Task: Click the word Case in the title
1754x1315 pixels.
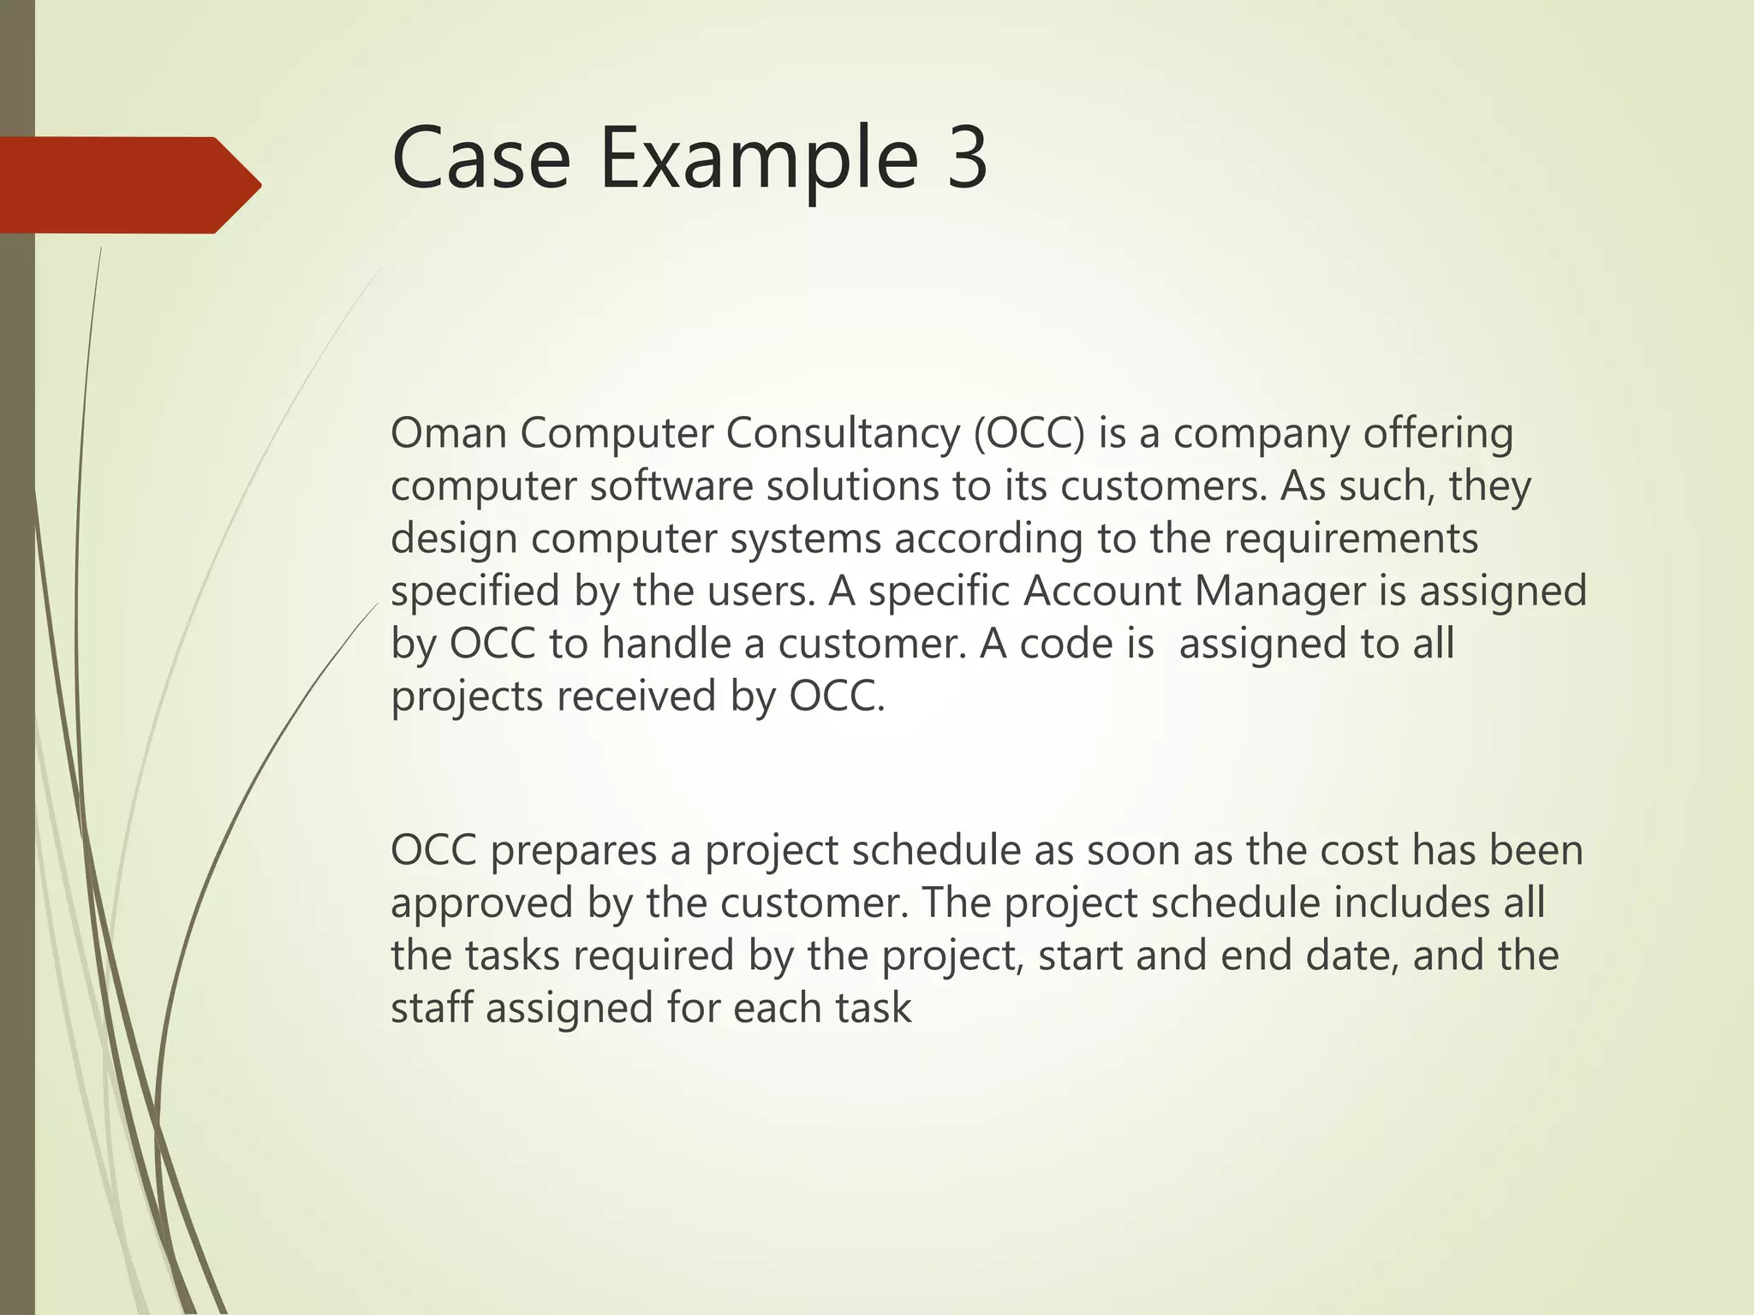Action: (x=480, y=158)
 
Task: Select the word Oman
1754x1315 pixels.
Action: (x=449, y=433)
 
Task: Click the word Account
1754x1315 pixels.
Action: (x=1101, y=592)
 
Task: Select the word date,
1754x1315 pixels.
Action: (x=1352, y=955)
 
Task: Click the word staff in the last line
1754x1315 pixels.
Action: (x=432, y=1008)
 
